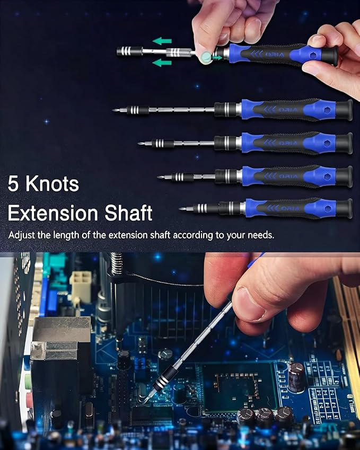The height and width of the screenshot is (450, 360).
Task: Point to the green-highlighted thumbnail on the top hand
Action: [202, 55]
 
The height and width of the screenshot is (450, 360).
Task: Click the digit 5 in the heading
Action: [13, 184]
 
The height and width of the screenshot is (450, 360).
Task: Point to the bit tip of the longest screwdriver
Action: [115, 110]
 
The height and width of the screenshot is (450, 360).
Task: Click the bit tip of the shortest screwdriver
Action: [182, 208]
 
